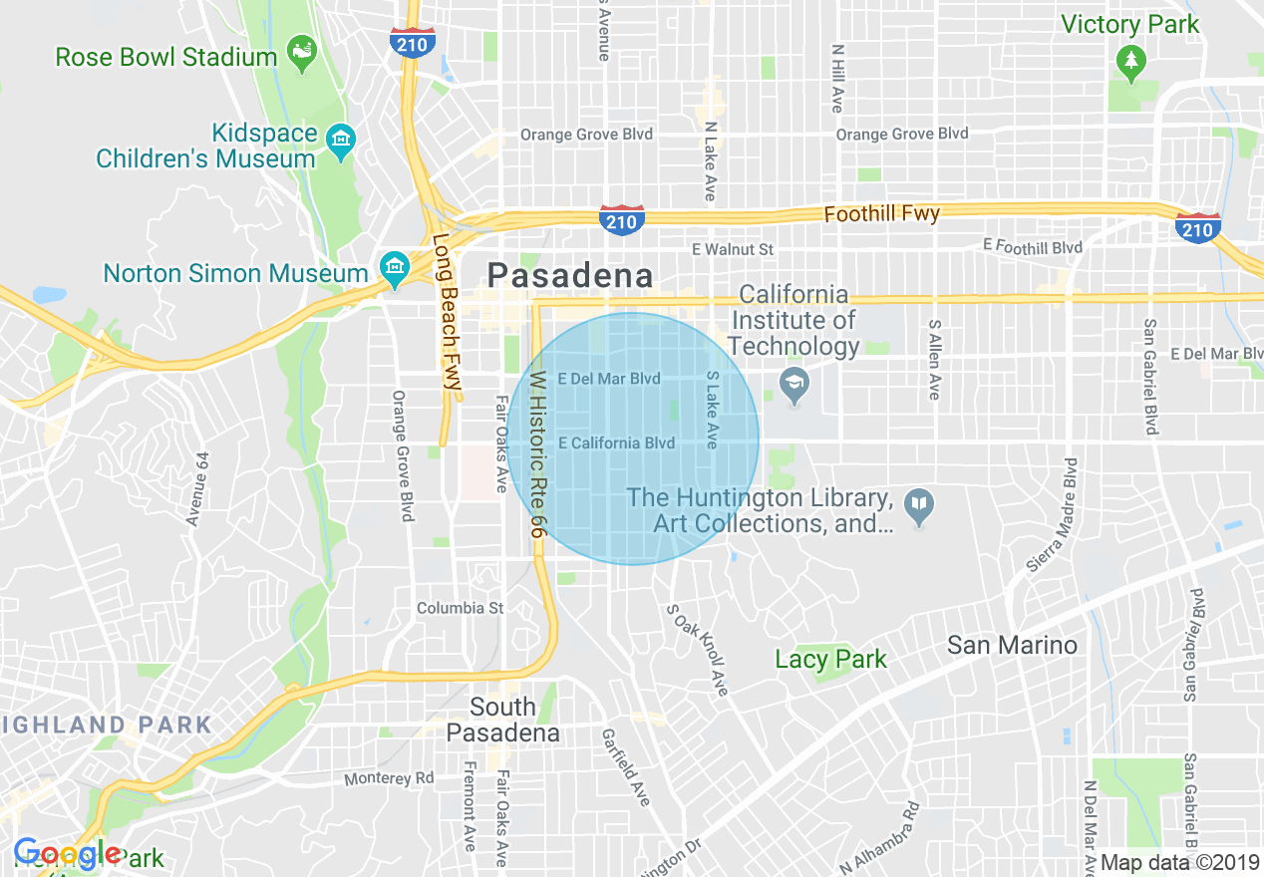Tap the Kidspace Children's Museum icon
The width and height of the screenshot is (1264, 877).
pos(342,141)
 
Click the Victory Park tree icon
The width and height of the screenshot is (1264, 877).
pos(1130,63)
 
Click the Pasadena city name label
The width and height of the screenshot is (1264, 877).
pos(569,276)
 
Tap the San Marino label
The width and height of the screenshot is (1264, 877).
pos(1012,645)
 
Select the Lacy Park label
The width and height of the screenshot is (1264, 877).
pos(830,659)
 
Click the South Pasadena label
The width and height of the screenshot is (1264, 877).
pos(502,721)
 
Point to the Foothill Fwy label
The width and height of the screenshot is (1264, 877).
pos(881,213)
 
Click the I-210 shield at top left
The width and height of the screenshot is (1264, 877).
pos(412,43)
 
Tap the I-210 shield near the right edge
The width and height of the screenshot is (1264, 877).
pos(1197,228)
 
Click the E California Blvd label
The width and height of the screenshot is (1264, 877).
pos(616,442)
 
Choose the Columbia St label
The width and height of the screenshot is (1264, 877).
pos(460,608)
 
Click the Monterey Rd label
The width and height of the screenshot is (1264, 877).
pos(389,778)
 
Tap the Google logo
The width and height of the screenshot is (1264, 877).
pos(67,853)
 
